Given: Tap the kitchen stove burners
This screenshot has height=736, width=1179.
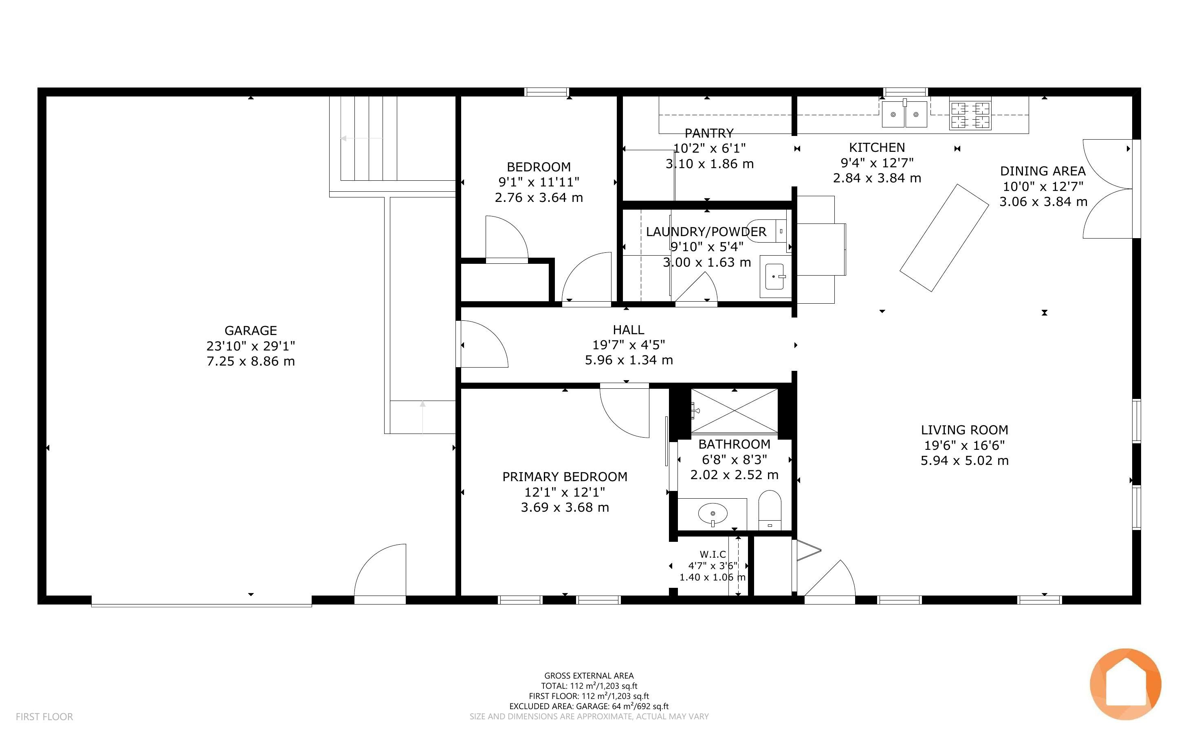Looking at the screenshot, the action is (970, 115).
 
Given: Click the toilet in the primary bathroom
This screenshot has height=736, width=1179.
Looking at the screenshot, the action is (770, 510).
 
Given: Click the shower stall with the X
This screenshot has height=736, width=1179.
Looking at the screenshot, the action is (735, 411).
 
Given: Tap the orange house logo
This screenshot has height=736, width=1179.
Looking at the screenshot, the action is (1126, 684).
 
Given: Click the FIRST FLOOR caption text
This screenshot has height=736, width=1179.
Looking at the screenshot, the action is (44, 716).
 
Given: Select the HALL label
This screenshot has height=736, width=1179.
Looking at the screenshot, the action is (628, 330).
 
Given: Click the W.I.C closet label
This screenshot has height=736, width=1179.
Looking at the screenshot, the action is (713, 554).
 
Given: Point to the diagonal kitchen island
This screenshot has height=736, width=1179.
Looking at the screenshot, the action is (944, 238).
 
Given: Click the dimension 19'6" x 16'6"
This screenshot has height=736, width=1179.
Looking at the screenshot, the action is (964, 445).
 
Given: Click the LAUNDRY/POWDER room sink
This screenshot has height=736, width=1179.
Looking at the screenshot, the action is (774, 276).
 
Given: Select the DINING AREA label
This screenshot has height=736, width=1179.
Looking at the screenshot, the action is (1043, 171).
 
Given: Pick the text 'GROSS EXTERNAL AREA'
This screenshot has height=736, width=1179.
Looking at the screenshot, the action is (589, 676).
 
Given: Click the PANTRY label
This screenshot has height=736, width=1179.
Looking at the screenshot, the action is (708, 133).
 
